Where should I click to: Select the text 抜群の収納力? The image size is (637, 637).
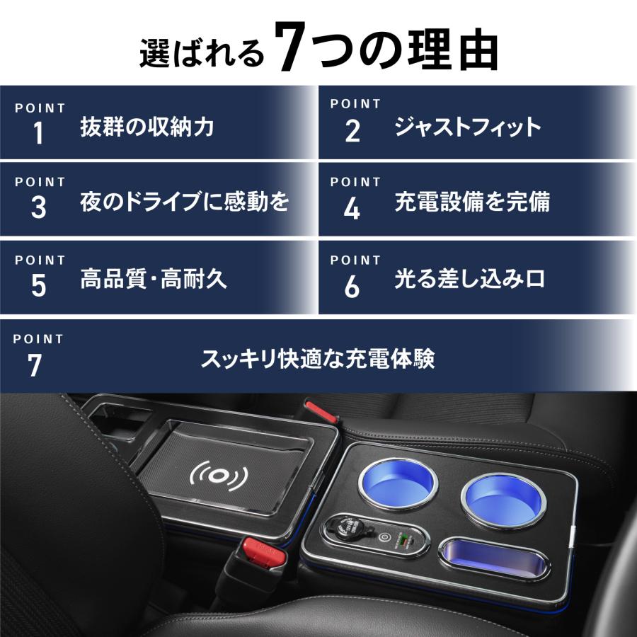click(x=147, y=127)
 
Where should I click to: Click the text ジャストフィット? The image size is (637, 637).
click(x=467, y=127)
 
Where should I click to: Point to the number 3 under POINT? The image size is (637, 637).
click(x=38, y=208)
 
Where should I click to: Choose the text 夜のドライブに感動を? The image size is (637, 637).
click(x=185, y=202)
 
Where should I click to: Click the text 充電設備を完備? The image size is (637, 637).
click(x=471, y=202)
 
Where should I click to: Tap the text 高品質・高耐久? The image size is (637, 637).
click(x=154, y=278)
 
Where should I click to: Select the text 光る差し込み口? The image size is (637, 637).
click(x=470, y=278)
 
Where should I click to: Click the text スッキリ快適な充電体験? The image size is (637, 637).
click(x=318, y=359)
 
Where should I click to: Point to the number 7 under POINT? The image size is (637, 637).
click(x=35, y=366)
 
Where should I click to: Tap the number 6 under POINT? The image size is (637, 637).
click(x=352, y=287)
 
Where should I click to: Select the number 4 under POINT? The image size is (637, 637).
click(x=352, y=210)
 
